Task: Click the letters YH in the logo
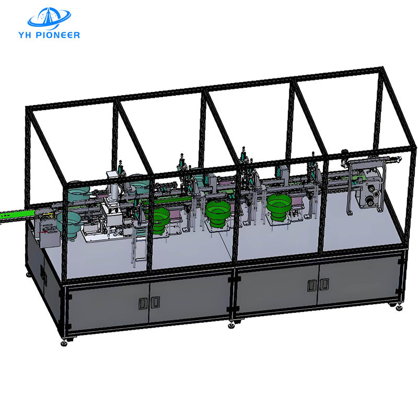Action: pyautogui.click(x=25, y=35)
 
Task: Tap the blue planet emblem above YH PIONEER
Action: pyautogui.click(x=49, y=18)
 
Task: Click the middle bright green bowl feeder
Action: pyautogui.click(x=218, y=213)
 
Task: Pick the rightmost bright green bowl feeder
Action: pyautogui.click(x=278, y=206)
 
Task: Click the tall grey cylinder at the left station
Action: pyautogui.click(x=114, y=191)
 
